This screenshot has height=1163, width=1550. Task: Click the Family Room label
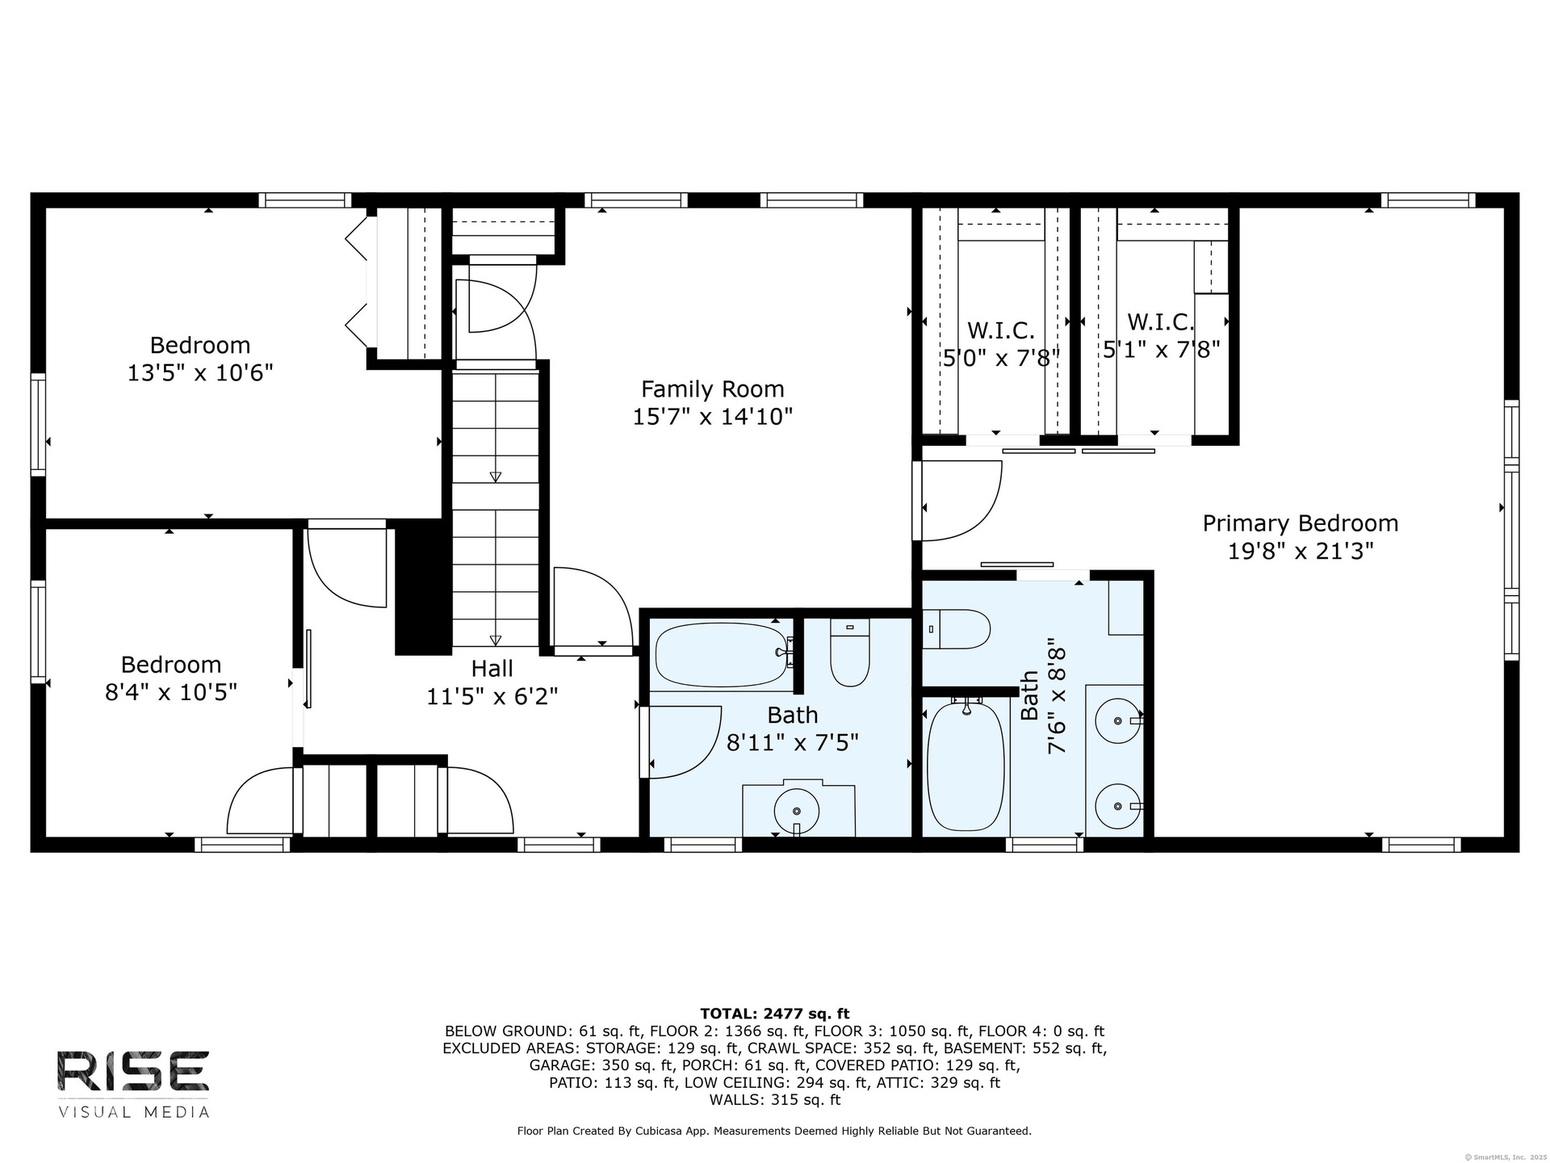712,389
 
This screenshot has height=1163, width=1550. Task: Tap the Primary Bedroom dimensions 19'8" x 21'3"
1301,552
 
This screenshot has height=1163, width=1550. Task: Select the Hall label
492,669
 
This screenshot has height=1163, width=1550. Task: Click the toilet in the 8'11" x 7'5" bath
849,653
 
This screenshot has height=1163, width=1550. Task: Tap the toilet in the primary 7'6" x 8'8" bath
957,629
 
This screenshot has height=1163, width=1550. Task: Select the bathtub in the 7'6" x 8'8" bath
966,766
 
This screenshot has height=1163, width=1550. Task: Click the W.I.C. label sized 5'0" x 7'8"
1001,330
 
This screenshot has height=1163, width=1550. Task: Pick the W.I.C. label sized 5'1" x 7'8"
1161,322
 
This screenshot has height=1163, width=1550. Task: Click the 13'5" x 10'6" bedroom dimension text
200,373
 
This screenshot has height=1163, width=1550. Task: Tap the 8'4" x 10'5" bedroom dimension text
171,692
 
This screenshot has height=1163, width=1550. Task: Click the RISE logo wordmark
133,1072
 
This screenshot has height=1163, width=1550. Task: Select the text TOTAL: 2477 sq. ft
775,1014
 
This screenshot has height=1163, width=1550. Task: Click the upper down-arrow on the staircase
495,477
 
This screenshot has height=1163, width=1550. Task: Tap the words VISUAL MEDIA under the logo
134,1112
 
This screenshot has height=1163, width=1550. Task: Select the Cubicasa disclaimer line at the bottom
774,1132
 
